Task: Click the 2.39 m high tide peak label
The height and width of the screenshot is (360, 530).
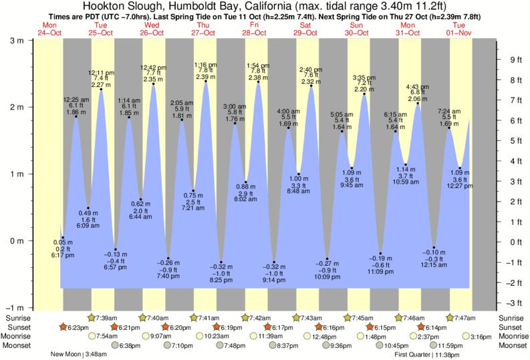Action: pos(205,77)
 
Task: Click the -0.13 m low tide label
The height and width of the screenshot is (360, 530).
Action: pos(116,254)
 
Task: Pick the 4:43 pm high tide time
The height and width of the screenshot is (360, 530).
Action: pos(418,87)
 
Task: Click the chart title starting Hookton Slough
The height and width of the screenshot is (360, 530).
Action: pos(265,6)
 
